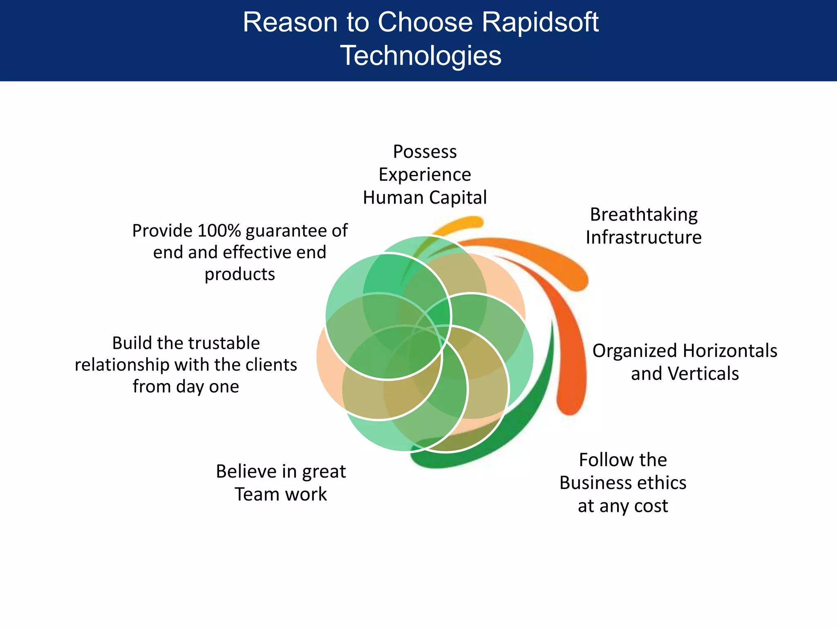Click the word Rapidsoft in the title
[x=540, y=22]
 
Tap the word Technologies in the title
[x=421, y=56]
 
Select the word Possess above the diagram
[x=425, y=152]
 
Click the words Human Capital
[x=425, y=198]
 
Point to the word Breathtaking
[x=644, y=215]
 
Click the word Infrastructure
[x=644, y=238]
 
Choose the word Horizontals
[x=730, y=351]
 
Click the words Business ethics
[x=622, y=483]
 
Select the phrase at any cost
[x=622, y=506]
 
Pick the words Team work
[x=280, y=494]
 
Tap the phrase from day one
[x=186, y=387]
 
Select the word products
[x=239, y=274]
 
